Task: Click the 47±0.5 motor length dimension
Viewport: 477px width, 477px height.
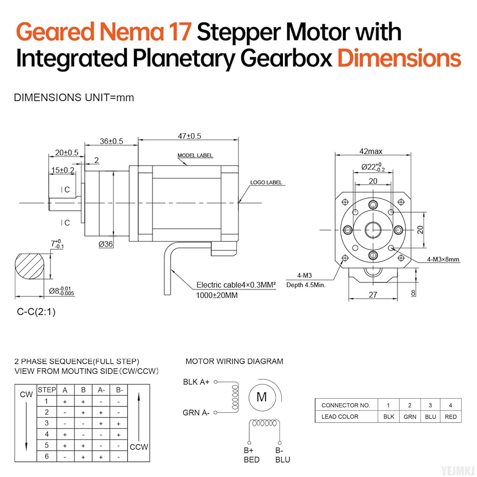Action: (x=189, y=136)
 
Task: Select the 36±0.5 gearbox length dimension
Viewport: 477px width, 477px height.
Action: (x=111, y=141)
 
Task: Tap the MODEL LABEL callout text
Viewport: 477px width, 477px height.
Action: (x=195, y=156)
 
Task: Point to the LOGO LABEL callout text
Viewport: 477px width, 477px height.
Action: (x=266, y=182)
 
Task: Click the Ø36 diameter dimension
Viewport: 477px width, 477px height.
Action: (x=106, y=244)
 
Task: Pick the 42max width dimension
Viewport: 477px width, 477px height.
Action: (x=372, y=152)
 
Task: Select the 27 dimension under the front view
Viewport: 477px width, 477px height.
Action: (x=373, y=295)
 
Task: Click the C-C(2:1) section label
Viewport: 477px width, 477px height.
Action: (x=36, y=312)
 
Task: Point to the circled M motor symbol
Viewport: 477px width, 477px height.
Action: (x=262, y=397)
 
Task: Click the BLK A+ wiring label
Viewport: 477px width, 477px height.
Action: (x=196, y=382)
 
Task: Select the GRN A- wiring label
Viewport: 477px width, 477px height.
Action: (x=196, y=413)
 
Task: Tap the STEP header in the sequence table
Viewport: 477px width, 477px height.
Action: (x=47, y=390)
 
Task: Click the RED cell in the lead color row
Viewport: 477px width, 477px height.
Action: (x=450, y=416)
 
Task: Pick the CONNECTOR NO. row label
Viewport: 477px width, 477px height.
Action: (x=346, y=405)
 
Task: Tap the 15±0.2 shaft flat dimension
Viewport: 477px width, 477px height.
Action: (x=62, y=170)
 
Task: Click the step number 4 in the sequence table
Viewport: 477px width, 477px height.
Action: (x=47, y=435)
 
